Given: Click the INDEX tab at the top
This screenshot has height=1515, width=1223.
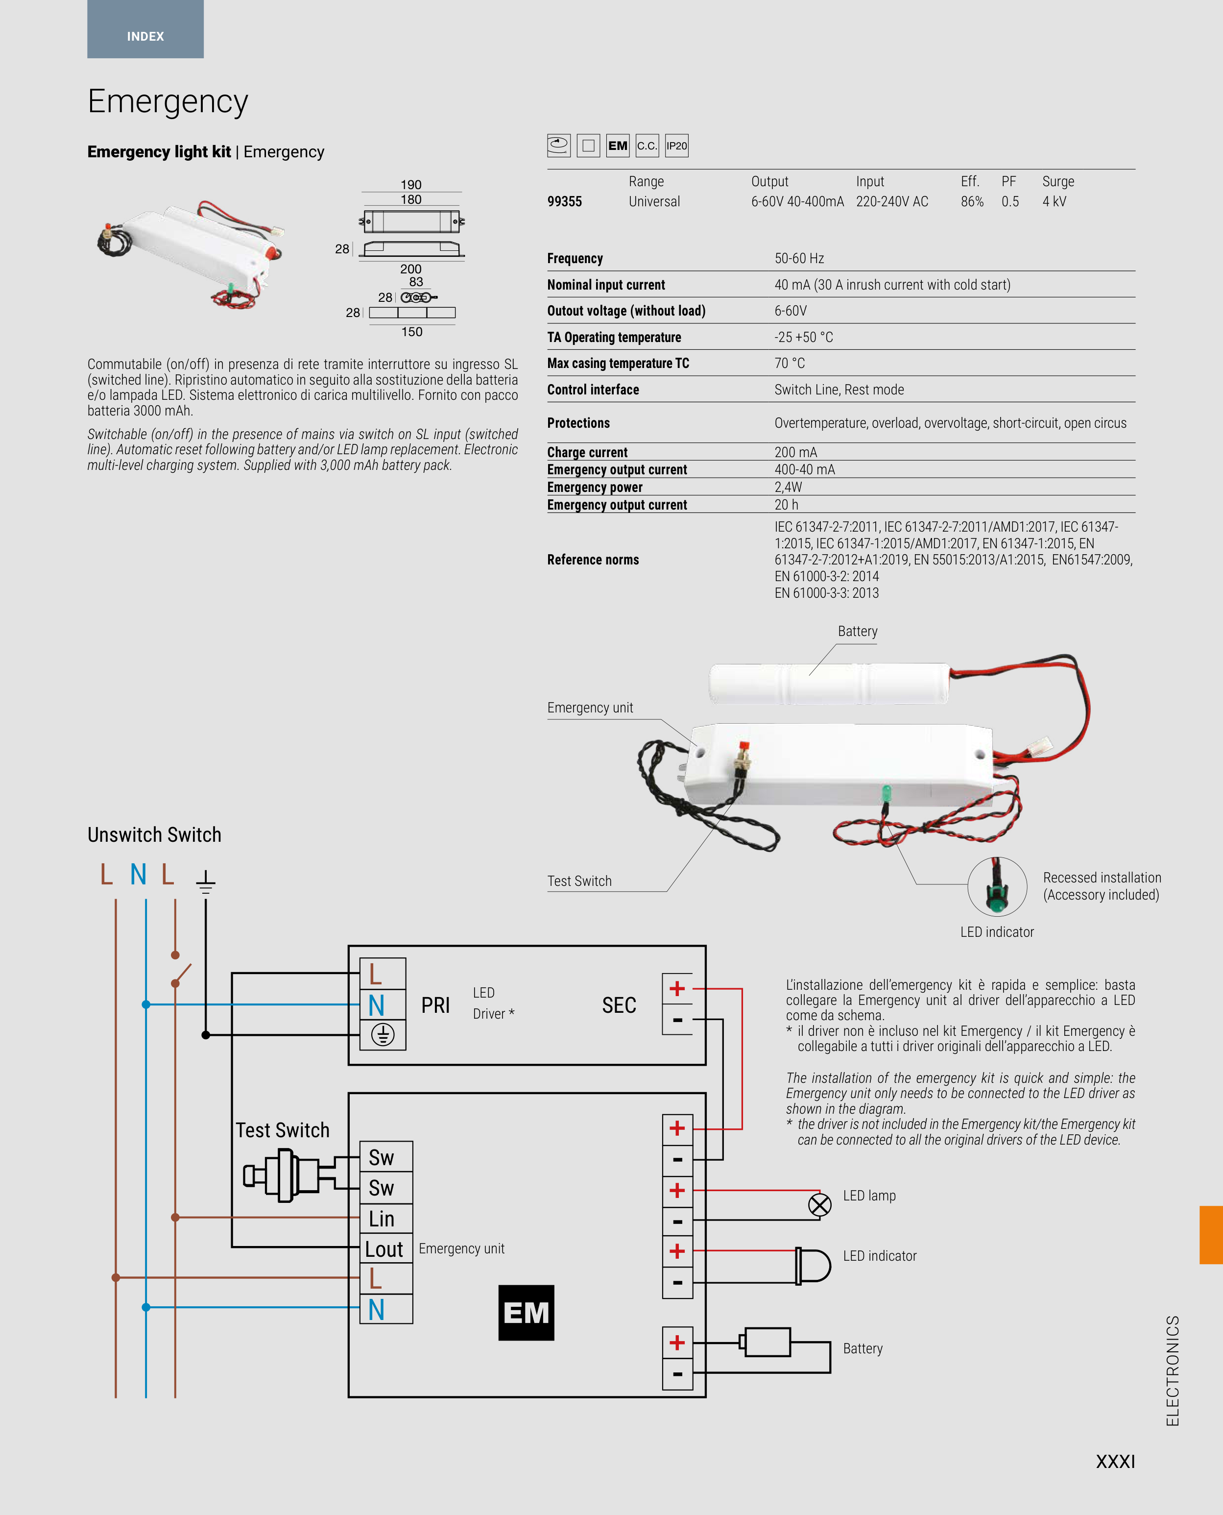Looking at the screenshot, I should pyautogui.click(x=145, y=36).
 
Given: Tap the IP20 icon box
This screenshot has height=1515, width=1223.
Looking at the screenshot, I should pyautogui.click(x=676, y=146).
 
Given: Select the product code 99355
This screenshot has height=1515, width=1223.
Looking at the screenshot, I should pyautogui.click(x=564, y=201).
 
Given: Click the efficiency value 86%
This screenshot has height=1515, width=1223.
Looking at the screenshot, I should pyautogui.click(x=972, y=201).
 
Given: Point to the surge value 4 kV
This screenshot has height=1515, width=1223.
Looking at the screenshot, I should pyautogui.click(x=1054, y=201).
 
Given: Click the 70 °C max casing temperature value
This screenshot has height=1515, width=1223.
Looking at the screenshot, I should pyautogui.click(x=789, y=364).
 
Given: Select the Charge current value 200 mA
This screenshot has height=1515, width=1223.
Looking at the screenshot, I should pyautogui.click(x=795, y=452).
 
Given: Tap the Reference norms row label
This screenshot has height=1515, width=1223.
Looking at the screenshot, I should pyautogui.click(x=593, y=560).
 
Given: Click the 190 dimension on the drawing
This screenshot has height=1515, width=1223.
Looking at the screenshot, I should pyautogui.click(x=411, y=185).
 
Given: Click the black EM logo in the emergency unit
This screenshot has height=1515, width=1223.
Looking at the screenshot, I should pyautogui.click(x=526, y=1312).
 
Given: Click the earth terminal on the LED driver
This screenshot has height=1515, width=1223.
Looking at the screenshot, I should pyautogui.click(x=383, y=1034).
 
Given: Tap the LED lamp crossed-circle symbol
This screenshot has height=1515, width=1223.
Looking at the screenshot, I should pyautogui.click(x=819, y=1205).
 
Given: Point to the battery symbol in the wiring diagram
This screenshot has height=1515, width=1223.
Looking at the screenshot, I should pyautogui.click(x=767, y=1343).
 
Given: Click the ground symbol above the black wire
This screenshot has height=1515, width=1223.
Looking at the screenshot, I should pyautogui.click(x=205, y=881).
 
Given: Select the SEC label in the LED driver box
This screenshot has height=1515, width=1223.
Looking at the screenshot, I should pyautogui.click(x=619, y=1005).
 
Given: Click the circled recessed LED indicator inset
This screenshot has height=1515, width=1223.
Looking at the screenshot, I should pyautogui.click(x=996, y=886).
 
